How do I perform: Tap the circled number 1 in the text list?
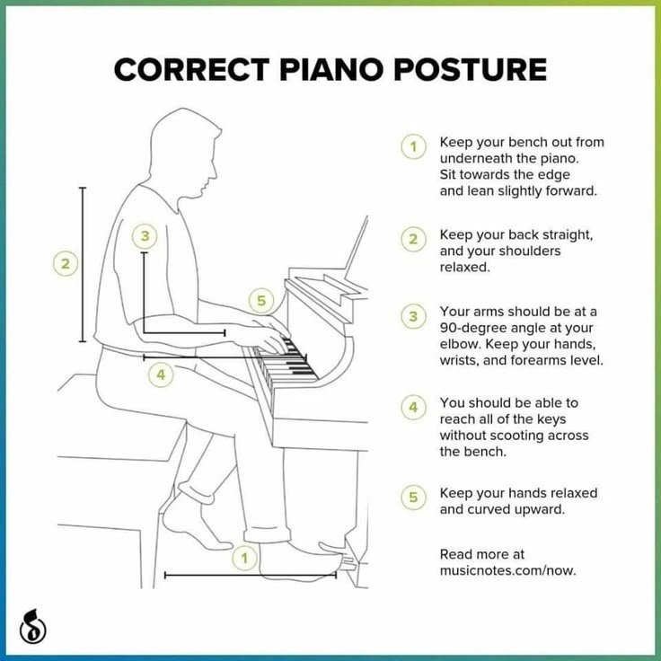point(413,147)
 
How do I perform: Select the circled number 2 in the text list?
point(413,239)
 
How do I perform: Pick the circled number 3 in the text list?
point(413,316)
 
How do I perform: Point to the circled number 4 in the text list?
point(413,408)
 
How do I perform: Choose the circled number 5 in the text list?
point(413,498)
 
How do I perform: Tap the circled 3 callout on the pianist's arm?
point(144,237)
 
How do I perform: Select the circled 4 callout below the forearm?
point(160,375)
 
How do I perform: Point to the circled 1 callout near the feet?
point(242,559)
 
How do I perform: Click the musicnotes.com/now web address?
point(507,570)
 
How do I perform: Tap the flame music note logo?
point(33,625)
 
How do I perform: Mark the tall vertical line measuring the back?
point(83,264)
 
